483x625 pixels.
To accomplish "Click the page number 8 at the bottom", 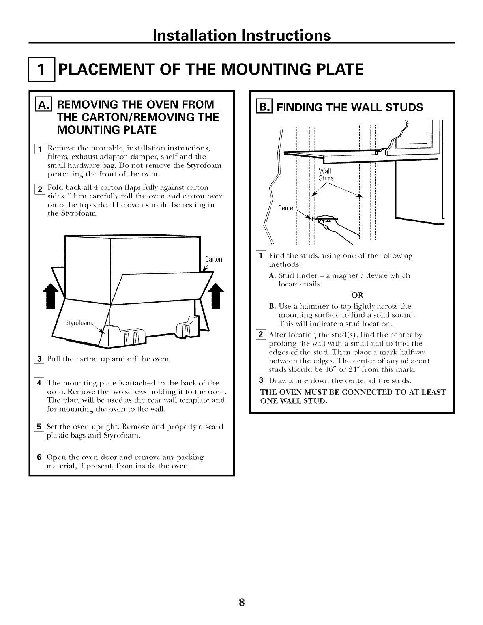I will (x=241, y=602).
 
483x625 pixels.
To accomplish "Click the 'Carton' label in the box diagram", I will (x=214, y=259).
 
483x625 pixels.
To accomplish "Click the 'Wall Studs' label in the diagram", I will (x=326, y=174).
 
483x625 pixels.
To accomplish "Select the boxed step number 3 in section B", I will (x=262, y=381).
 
